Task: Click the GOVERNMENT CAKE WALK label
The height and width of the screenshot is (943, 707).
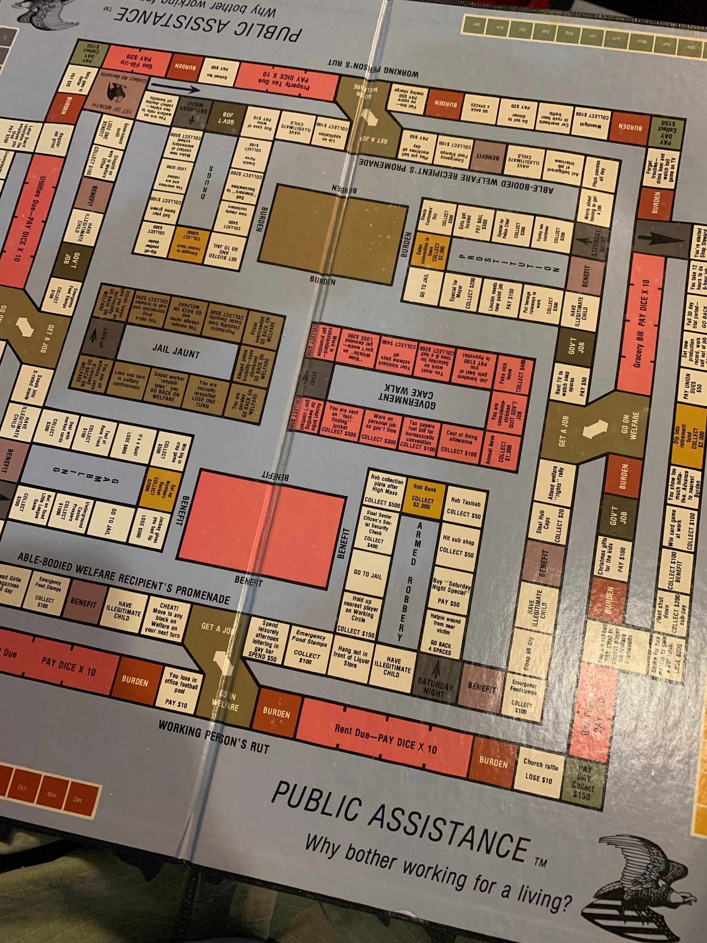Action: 407,396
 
